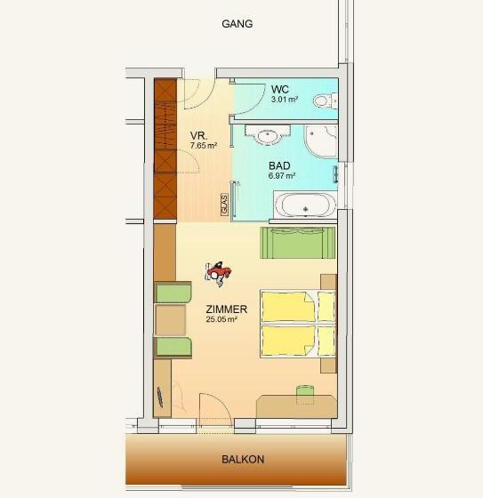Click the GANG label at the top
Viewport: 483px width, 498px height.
(x=237, y=24)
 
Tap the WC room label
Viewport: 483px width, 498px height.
(x=280, y=89)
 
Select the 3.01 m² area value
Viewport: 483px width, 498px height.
(x=285, y=99)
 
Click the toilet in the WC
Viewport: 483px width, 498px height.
(x=325, y=101)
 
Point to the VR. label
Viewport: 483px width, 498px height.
(x=199, y=136)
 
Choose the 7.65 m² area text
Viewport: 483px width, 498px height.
(x=204, y=146)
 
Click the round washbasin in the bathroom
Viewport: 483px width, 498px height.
(x=268, y=136)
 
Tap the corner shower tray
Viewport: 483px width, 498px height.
(x=321, y=141)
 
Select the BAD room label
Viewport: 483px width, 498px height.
(x=279, y=165)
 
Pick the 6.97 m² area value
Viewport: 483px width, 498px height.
(x=282, y=176)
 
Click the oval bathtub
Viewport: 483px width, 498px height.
(x=305, y=205)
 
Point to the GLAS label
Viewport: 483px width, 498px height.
(x=225, y=205)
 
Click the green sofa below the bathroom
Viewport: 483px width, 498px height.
(x=298, y=243)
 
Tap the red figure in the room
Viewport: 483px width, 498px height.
(x=218, y=273)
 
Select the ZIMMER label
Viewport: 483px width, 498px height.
(x=226, y=309)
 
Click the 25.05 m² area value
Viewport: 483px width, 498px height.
(x=221, y=319)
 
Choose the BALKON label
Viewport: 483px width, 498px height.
(x=243, y=459)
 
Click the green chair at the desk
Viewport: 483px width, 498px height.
(x=305, y=395)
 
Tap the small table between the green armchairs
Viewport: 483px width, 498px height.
(x=171, y=320)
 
